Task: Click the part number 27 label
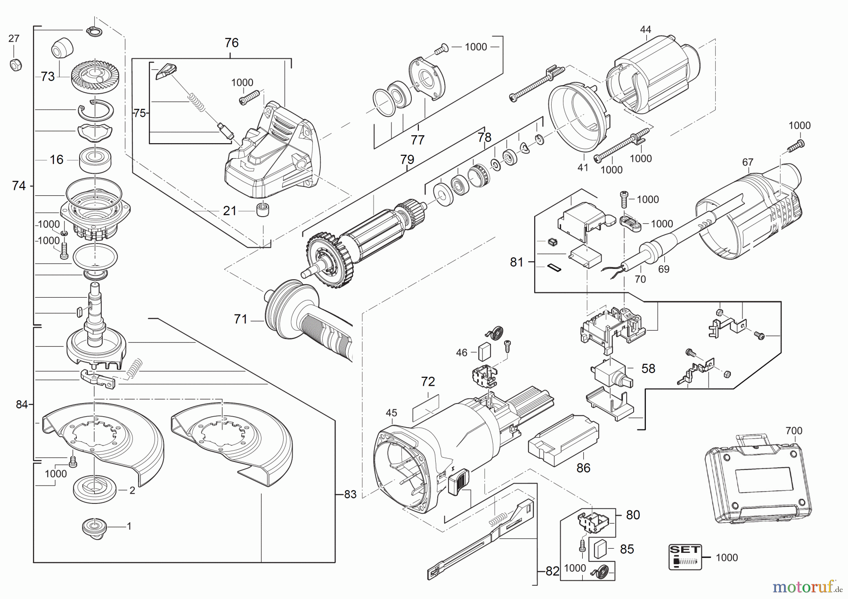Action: pyautogui.click(x=14, y=39)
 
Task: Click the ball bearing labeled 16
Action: pyautogui.click(x=95, y=160)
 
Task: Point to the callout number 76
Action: pyautogui.click(x=231, y=43)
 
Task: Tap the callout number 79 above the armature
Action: pyautogui.click(x=407, y=160)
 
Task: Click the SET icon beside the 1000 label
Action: pyautogui.click(x=685, y=557)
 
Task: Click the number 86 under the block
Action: pyautogui.click(x=583, y=468)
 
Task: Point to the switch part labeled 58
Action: pyautogui.click(x=610, y=370)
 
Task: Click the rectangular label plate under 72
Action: pyautogui.click(x=426, y=408)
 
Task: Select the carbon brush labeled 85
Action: pyautogui.click(x=602, y=549)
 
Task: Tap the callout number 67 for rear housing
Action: pyautogui.click(x=748, y=162)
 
